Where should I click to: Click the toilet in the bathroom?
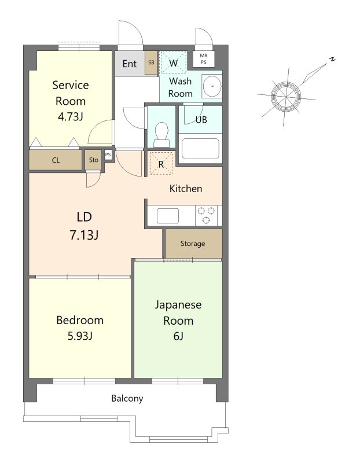[x=161, y=135]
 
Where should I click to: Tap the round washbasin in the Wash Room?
[x=212, y=86]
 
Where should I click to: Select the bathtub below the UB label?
[x=200, y=149]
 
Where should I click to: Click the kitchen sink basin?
[x=167, y=215]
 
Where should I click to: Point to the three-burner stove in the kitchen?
[x=206, y=215]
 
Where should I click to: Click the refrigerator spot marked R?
[x=161, y=164]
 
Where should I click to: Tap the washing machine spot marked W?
[x=174, y=63]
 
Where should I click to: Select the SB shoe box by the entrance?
[x=151, y=63]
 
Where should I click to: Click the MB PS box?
[x=204, y=58]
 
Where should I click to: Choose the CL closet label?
[x=56, y=160]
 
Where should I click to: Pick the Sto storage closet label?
[x=94, y=160]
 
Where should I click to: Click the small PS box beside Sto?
[x=108, y=155]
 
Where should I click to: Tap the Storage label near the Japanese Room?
[x=193, y=244]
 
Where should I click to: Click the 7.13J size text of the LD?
[x=84, y=236]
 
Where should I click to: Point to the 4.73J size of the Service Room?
[x=70, y=117]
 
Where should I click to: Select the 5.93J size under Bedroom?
[x=80, y=336]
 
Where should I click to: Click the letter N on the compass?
[x=333, y=59]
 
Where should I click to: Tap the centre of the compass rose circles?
[x=286, y=97]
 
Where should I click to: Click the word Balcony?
[x=127, y=398]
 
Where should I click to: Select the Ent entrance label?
[x=130, y=64]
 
